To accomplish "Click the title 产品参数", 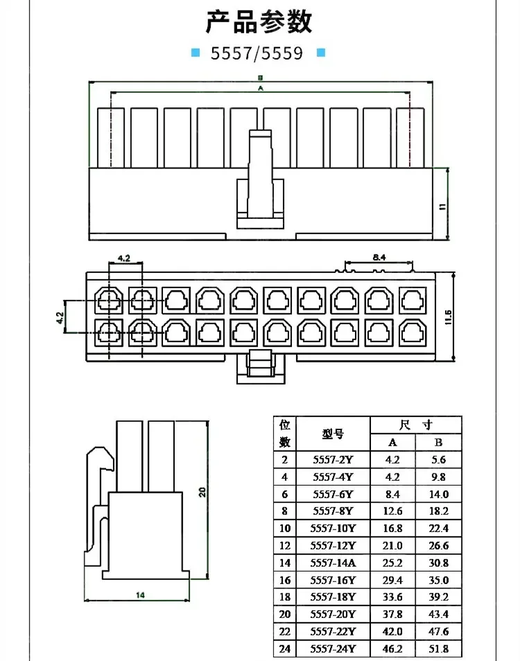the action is tap(259, 22).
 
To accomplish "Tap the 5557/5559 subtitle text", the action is tap(257, 53).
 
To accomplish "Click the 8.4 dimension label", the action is tap(379, 257).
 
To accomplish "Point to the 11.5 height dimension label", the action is tap(448, 317).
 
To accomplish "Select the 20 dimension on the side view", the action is tap(202, 491).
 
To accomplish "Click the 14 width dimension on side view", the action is tap(140, 594).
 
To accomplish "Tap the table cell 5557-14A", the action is tap(333, 563).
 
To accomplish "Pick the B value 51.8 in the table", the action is tap(439, 649).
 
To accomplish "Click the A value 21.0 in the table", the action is tap(392, 545).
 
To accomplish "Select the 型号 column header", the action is tap(333, 434).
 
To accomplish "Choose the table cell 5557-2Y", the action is tap(333, 459).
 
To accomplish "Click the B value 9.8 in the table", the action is tap(439, 477).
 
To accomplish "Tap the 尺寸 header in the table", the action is tap(416, 425).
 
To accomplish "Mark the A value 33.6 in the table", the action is tap(392, 597).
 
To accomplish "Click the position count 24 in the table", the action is tap(285, 649).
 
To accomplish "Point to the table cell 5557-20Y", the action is tap(333, 614).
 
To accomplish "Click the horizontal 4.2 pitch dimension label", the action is tap(123, 258).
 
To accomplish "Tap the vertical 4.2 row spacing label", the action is tap(60, 317).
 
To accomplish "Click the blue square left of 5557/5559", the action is tap(196, 53).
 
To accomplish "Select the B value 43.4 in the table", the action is tap(439, 614).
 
